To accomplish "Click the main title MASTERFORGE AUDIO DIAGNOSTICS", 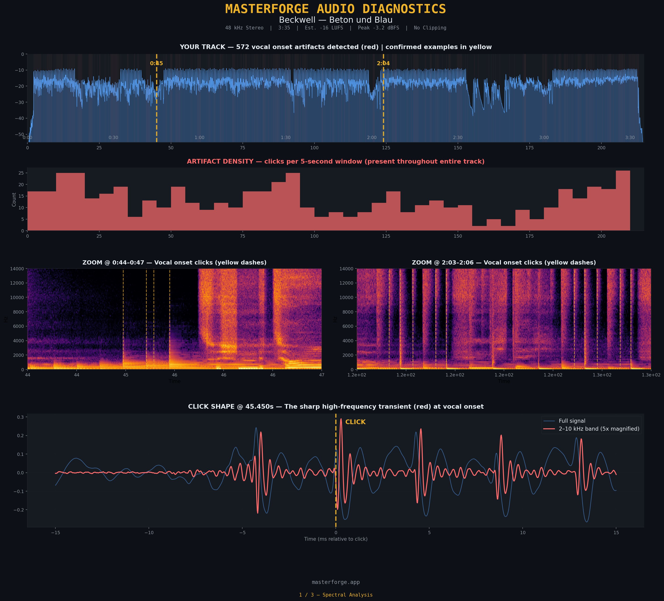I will [x=335, y=9].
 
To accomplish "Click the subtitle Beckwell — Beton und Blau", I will [x=335, y=20].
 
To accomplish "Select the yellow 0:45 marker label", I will [x=157, y=64].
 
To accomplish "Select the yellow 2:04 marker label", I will [x=383, y=64].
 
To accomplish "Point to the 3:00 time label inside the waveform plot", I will [x=544, y=137].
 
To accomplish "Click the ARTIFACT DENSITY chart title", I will [x=335, y=161].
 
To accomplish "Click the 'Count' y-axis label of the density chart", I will [x=14, y=199].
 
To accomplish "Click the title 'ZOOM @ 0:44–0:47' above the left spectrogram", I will [x=174, y=263].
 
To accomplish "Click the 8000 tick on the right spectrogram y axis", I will [x=346, y=312].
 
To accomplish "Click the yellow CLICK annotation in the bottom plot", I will [x=355, y=422].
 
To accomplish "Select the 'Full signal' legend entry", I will [x=572, y=421].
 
